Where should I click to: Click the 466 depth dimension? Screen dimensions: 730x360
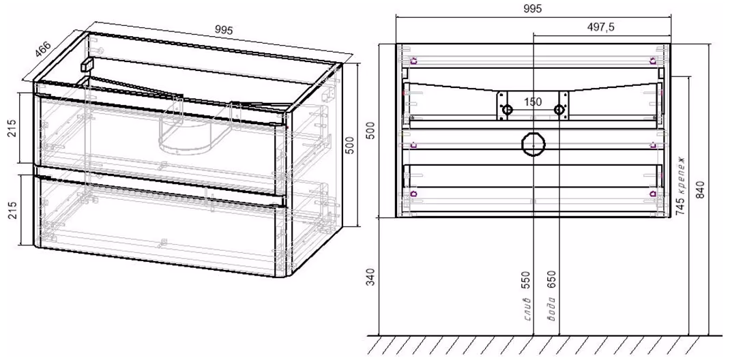click(43, 46)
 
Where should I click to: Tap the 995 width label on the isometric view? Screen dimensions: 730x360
click(224, 30)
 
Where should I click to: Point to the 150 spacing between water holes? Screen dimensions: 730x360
click(533, 102)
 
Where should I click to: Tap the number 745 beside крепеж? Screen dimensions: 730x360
click(680, 206)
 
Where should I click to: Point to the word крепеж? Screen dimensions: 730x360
click(680, 175)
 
